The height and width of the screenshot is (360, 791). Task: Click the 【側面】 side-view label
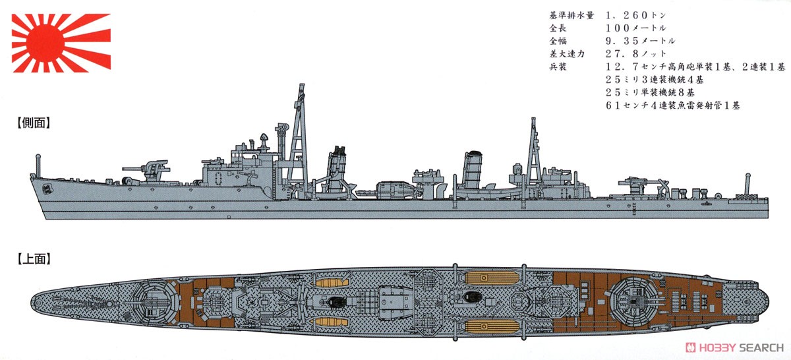click(34, 123)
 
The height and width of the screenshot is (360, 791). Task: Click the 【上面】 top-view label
click(34, 259)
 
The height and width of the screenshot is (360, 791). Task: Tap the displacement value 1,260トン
click(635, 15)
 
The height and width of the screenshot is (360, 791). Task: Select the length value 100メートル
click(635, 28)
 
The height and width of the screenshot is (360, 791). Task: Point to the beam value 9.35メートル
click(640, 41)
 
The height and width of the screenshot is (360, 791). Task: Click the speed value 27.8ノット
click(635, 53)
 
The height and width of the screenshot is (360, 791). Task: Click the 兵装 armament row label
click(558, 67)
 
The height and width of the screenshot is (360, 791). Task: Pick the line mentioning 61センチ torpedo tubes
click(673, 105)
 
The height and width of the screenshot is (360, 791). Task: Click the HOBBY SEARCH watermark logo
click(734, 347)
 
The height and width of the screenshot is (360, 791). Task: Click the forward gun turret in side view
click(150, 171)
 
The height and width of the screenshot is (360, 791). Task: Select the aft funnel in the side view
click(473, 169)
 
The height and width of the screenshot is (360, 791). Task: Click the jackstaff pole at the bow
click(38, 165)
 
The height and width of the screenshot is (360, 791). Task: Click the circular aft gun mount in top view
click(633, 302)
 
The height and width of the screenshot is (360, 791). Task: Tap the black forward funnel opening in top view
click(336, 302)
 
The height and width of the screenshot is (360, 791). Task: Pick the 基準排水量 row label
click(571, 15)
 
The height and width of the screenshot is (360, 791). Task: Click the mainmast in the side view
click(533, 152)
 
